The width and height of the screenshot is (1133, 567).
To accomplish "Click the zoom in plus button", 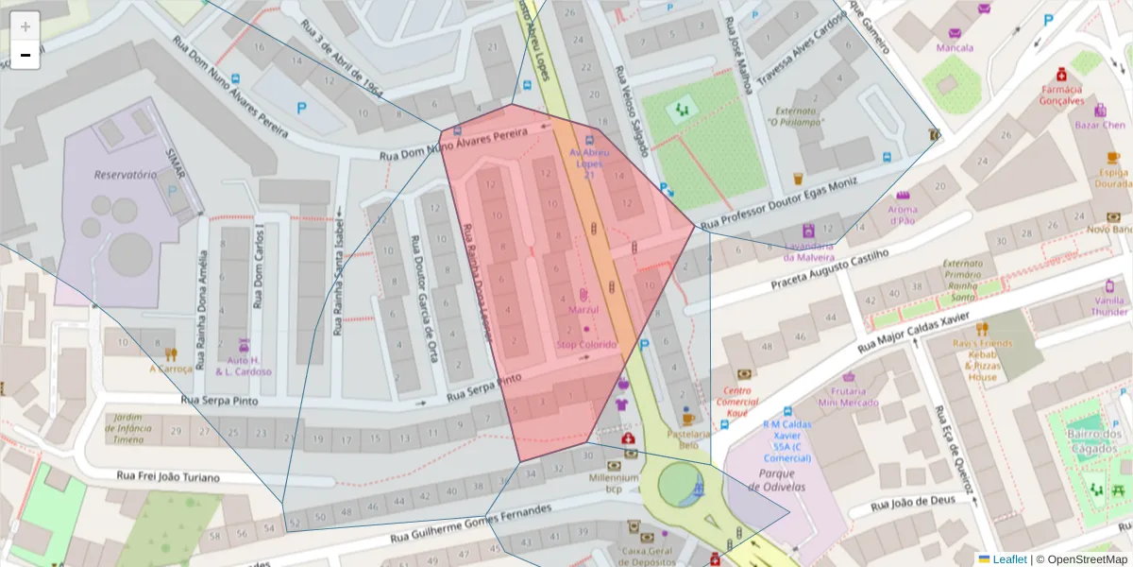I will click(25, 26).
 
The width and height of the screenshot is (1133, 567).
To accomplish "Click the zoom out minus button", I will click(25, 55).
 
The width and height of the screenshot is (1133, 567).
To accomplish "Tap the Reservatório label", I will click(125, 175).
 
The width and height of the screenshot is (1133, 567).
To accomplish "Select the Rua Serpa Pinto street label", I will click(483, 387).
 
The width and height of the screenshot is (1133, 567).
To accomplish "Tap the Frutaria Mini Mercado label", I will click(848, 396).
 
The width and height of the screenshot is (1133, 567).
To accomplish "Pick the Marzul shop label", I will click(583, 310).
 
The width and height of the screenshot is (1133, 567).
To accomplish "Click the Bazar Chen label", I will click(1100, 125).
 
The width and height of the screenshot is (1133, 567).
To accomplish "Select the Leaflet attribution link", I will click(1010, 559).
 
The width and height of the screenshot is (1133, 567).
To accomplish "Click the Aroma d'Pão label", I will click(903, 215).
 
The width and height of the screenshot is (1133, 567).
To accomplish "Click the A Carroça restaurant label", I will click(171, 369).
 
